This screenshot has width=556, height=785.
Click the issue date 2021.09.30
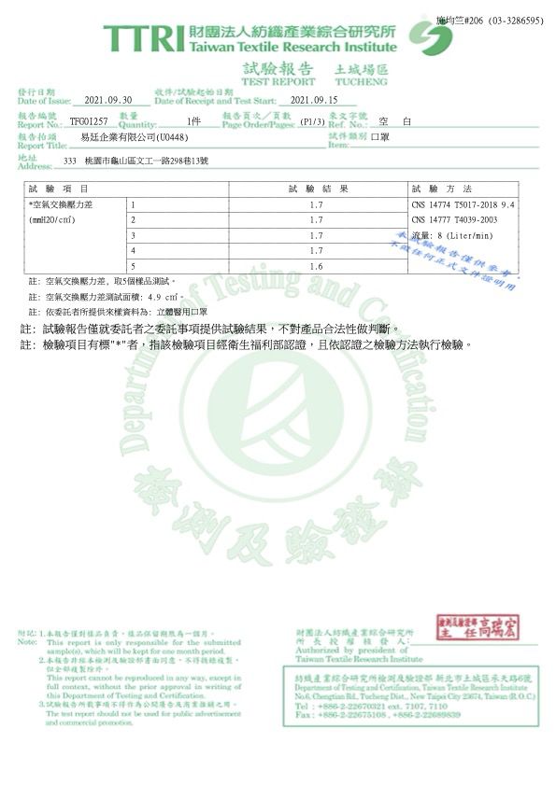click(x=110, y=100)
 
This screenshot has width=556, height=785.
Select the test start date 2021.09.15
click(x=314, y=100)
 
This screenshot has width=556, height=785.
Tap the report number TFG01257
click(x=89, y=122)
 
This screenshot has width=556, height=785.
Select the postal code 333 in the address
click(x=69, y=161)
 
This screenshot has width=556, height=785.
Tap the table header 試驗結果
click(x=318, y=189)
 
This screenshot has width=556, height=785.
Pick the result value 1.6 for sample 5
click(x=315, y=267)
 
